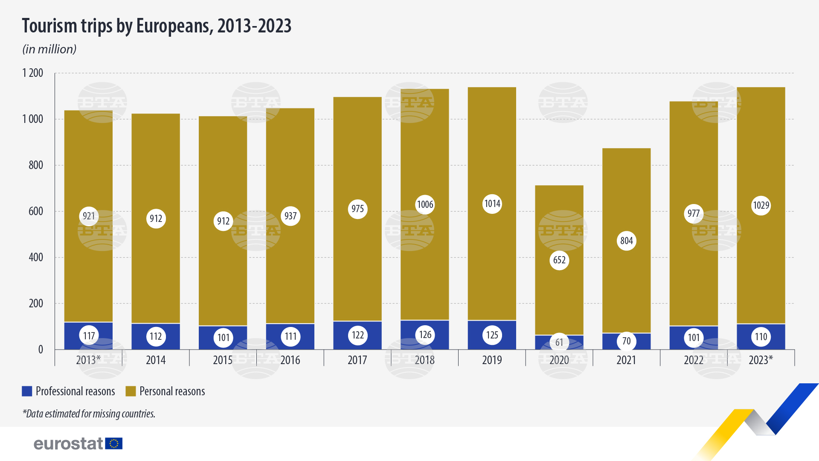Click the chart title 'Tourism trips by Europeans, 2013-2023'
(x=157, y=26)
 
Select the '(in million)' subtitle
(x=49, y=50)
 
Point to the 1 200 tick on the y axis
(x=33, y=73)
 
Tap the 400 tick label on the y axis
(x=36, y=257)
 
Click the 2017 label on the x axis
(x=357, y=360)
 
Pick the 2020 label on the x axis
(x=559, y=360)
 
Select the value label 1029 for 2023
(x=761, y=206)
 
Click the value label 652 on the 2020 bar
(x=559, y=260)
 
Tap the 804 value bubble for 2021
(x=626, y=241)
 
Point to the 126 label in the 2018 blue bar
(x=425, y=335)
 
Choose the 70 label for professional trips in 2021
(x=626, y=341)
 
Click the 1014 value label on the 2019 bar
(x=492, y=204)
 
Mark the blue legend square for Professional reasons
(x=27, y=391)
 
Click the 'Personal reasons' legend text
(x=172, y=391)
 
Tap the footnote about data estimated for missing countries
(x=89, y=414)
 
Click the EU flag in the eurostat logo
(x=114, y=443)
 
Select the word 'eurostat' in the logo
(x=68, y=444)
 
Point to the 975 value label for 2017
(x=357, y=209)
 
